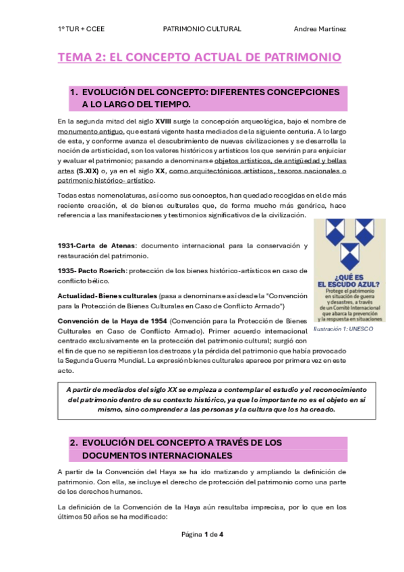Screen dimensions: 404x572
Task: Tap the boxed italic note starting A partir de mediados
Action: pos(202,399)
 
